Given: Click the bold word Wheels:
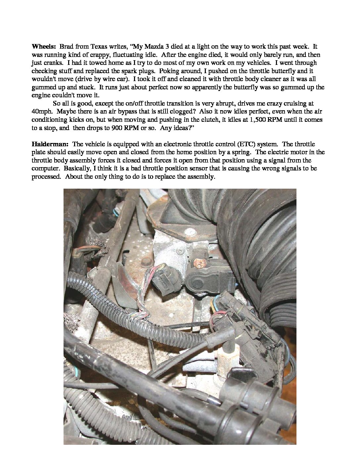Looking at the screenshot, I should (x=43, y=47).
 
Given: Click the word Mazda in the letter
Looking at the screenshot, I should (x=151, y=47).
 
